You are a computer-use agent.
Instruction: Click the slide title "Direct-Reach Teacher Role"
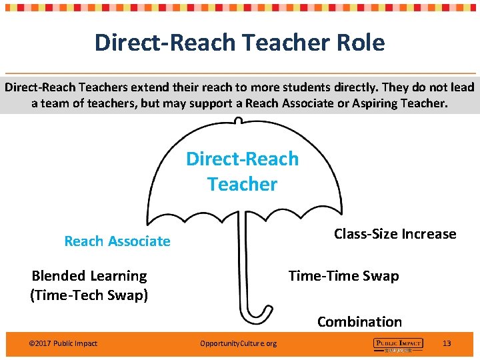click(239, 43)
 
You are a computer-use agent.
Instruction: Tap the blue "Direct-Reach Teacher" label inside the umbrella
click(242, 171)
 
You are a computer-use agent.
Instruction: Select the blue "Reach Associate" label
click(117, 241)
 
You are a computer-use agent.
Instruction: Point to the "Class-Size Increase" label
click(395, 234)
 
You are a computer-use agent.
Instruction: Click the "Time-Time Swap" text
click(343, 276)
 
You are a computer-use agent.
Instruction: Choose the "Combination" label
click(359, 322)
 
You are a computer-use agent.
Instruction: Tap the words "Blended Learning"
click(89, 276)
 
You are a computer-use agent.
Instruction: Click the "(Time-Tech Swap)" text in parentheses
click(89, 295)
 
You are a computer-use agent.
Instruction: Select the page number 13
click(447, 343)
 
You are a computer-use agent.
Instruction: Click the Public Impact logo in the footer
click(398, 344)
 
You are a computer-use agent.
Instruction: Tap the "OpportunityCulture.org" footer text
click(238, 343)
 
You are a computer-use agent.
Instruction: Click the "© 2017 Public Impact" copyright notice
click(63, 343)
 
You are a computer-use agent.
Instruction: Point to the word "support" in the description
click(213, 104)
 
